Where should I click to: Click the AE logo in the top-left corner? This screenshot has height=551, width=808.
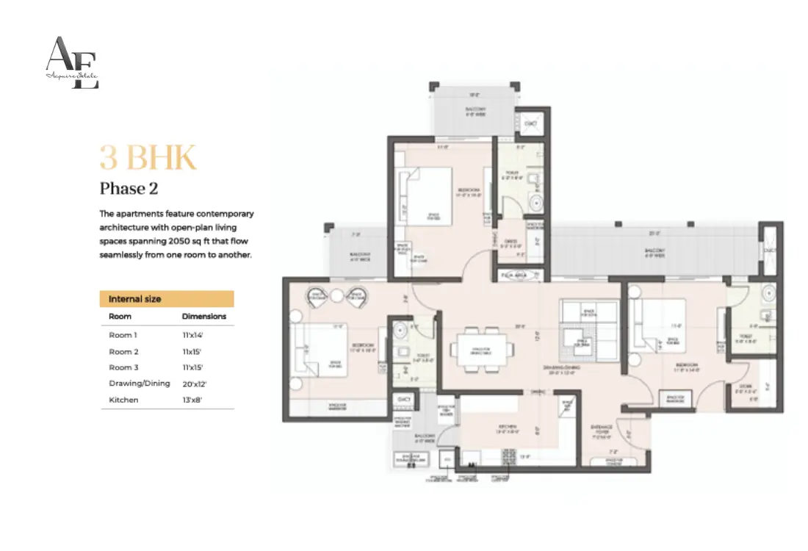(x=72, y=63)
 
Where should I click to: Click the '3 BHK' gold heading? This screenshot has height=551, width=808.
(x=148, y=158)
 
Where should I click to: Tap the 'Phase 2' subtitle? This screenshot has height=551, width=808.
(x=129, y=189)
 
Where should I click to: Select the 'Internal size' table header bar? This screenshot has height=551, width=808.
(x=167, y=299)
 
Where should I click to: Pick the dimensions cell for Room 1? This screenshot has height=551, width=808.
(x=192, y=334)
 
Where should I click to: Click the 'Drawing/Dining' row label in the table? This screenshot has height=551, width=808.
(x=140, y=383)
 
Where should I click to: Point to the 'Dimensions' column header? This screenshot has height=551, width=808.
(x=204, y=317)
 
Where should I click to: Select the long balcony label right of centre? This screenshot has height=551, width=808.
(x=655, y=251)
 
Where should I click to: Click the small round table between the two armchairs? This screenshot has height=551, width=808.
(x=336, y=295)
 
